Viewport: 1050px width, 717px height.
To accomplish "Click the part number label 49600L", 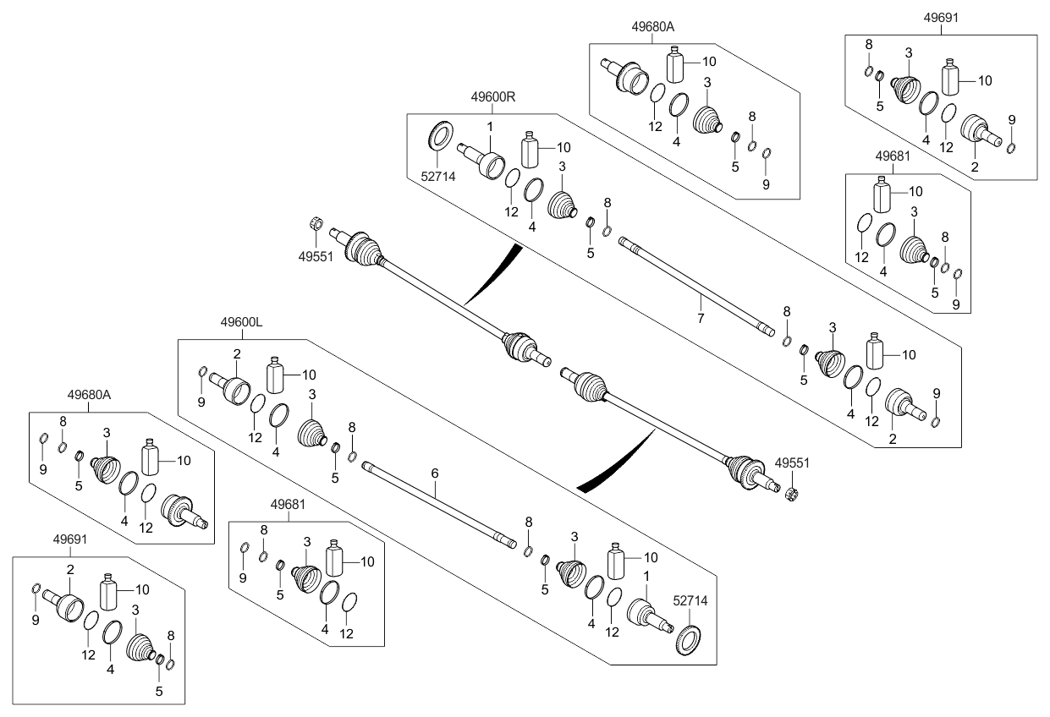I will pyautogui.click(x=243, y=322).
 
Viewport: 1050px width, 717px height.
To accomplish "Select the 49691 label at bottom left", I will pyautogui.click(x=70, y=538).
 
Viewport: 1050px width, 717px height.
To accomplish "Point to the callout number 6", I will pyautogui.click(x=435, y=473).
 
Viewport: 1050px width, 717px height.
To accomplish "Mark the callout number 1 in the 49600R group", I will pyautogui.click(x=488, y=126).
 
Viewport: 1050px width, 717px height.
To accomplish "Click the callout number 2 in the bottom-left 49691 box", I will pyautogui.click(x=70, y=571).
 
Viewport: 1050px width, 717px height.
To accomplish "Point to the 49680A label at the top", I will pyautogui.click(x=652, y=26).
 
